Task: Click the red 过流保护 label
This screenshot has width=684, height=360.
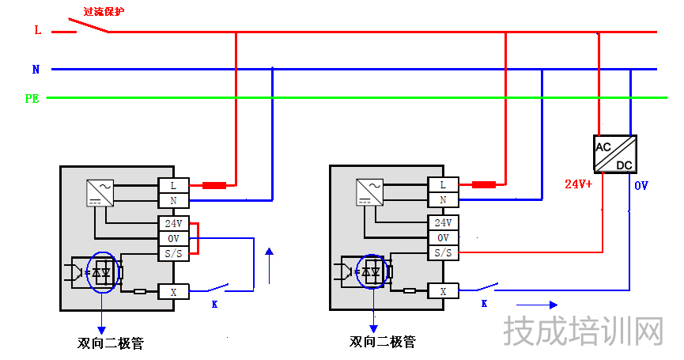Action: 104,13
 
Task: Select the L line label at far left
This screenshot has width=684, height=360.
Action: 37,30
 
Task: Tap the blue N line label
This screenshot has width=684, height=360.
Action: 36,70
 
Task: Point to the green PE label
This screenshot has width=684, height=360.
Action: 32,99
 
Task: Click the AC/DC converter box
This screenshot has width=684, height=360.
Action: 614,153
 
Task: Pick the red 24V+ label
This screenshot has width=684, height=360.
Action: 578,184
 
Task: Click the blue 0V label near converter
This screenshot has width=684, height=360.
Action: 641,186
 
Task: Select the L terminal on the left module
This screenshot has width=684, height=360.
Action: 173,185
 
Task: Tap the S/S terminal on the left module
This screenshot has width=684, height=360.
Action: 173,253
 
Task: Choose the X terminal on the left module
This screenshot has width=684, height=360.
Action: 173,291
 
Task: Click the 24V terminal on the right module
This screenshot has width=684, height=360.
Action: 443,223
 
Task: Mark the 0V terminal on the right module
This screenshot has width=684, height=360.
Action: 443,237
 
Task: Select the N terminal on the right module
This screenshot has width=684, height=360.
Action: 443,200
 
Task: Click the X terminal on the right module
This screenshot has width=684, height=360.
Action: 443,291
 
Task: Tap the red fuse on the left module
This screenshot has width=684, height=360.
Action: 214,185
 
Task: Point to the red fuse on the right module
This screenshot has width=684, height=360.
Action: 483,185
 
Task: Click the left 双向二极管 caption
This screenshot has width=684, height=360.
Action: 111,343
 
